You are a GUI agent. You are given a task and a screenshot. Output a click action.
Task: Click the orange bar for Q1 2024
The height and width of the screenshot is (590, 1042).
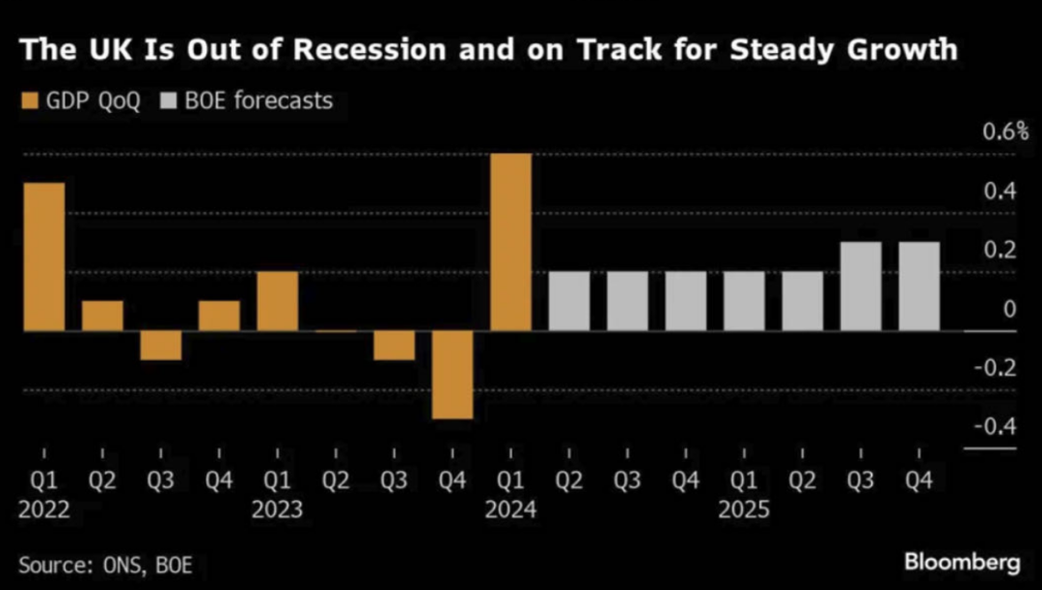510,242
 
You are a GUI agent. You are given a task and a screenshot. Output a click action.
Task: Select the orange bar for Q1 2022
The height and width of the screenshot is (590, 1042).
44,256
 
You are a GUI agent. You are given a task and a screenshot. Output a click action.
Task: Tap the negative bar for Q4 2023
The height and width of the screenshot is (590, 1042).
452,375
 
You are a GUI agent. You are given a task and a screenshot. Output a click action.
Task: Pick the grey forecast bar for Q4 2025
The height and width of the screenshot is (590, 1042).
919,286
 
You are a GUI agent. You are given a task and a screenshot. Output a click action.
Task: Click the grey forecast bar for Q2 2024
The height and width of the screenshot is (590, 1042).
569,301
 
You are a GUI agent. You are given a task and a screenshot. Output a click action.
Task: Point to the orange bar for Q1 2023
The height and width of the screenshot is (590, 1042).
277,301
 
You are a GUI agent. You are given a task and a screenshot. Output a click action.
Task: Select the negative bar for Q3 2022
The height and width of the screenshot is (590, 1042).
160,345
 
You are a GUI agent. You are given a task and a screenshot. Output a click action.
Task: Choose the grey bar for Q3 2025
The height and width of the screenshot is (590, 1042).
861,286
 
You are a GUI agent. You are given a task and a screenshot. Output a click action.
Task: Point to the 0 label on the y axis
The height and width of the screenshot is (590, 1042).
1009,309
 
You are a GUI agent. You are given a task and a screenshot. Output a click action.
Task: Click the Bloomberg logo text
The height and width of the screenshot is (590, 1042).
962,561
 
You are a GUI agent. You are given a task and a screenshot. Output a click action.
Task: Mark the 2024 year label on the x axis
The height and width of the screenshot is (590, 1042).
510,509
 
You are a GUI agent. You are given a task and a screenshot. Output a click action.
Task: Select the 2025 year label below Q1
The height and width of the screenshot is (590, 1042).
744,509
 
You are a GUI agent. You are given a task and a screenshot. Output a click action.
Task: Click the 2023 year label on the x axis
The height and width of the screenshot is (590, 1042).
277,509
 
